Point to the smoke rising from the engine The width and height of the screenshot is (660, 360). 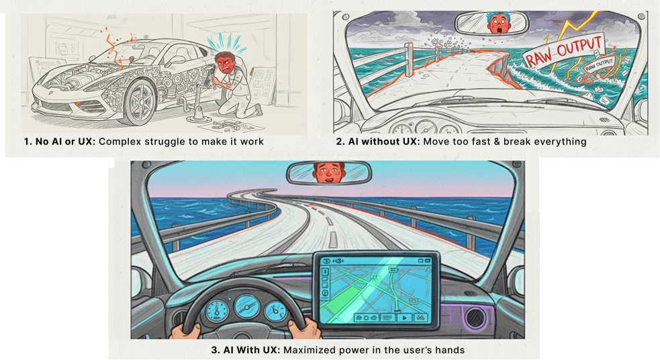[x=113, y=48]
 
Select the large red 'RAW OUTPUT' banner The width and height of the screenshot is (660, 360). [x=564, y=50]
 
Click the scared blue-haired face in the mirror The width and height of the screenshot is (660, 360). [x=500, y=23]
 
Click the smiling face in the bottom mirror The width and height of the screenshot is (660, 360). [x=329, y=172]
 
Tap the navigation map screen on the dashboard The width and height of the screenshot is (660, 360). [x=376, y=290]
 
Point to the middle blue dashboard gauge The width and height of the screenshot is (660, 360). [x=246, y=306]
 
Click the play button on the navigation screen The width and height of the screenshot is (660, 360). [x=404, y=318]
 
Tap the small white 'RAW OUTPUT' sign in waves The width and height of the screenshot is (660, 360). [x=598, y=65]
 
